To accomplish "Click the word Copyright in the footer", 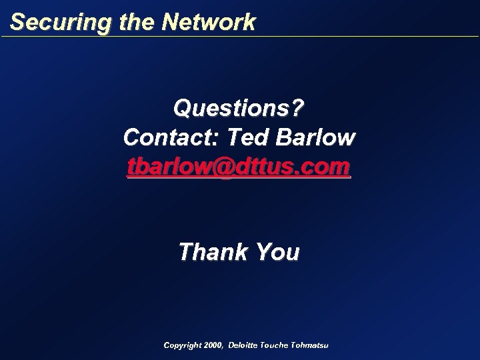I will pos(182,345).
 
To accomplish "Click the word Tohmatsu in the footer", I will pos(311,345).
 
